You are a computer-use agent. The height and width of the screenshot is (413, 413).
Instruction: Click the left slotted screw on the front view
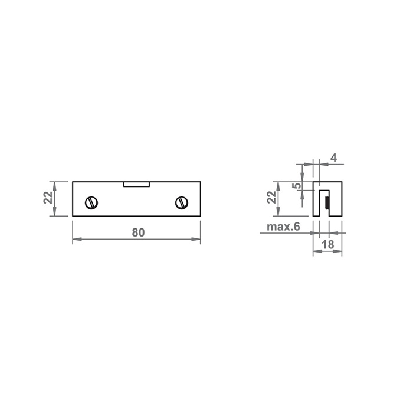click(91, 203)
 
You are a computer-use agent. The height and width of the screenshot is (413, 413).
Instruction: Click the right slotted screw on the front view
click(182, 203)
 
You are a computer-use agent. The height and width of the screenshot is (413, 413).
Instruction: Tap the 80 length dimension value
click(138, 232)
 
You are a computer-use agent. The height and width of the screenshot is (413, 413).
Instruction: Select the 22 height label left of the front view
click(48, 198)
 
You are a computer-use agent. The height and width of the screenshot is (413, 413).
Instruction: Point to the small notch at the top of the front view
click(137, 184)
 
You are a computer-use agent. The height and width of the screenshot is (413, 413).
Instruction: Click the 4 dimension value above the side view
click(333, 158)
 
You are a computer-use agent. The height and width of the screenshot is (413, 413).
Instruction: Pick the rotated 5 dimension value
click(297, 186)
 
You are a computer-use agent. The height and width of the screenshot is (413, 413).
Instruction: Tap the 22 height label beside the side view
click(271, 197)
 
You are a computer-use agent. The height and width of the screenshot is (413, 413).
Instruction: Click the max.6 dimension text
click(283, 227)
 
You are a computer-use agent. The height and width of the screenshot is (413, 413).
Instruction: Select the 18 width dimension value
click(328, 245)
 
